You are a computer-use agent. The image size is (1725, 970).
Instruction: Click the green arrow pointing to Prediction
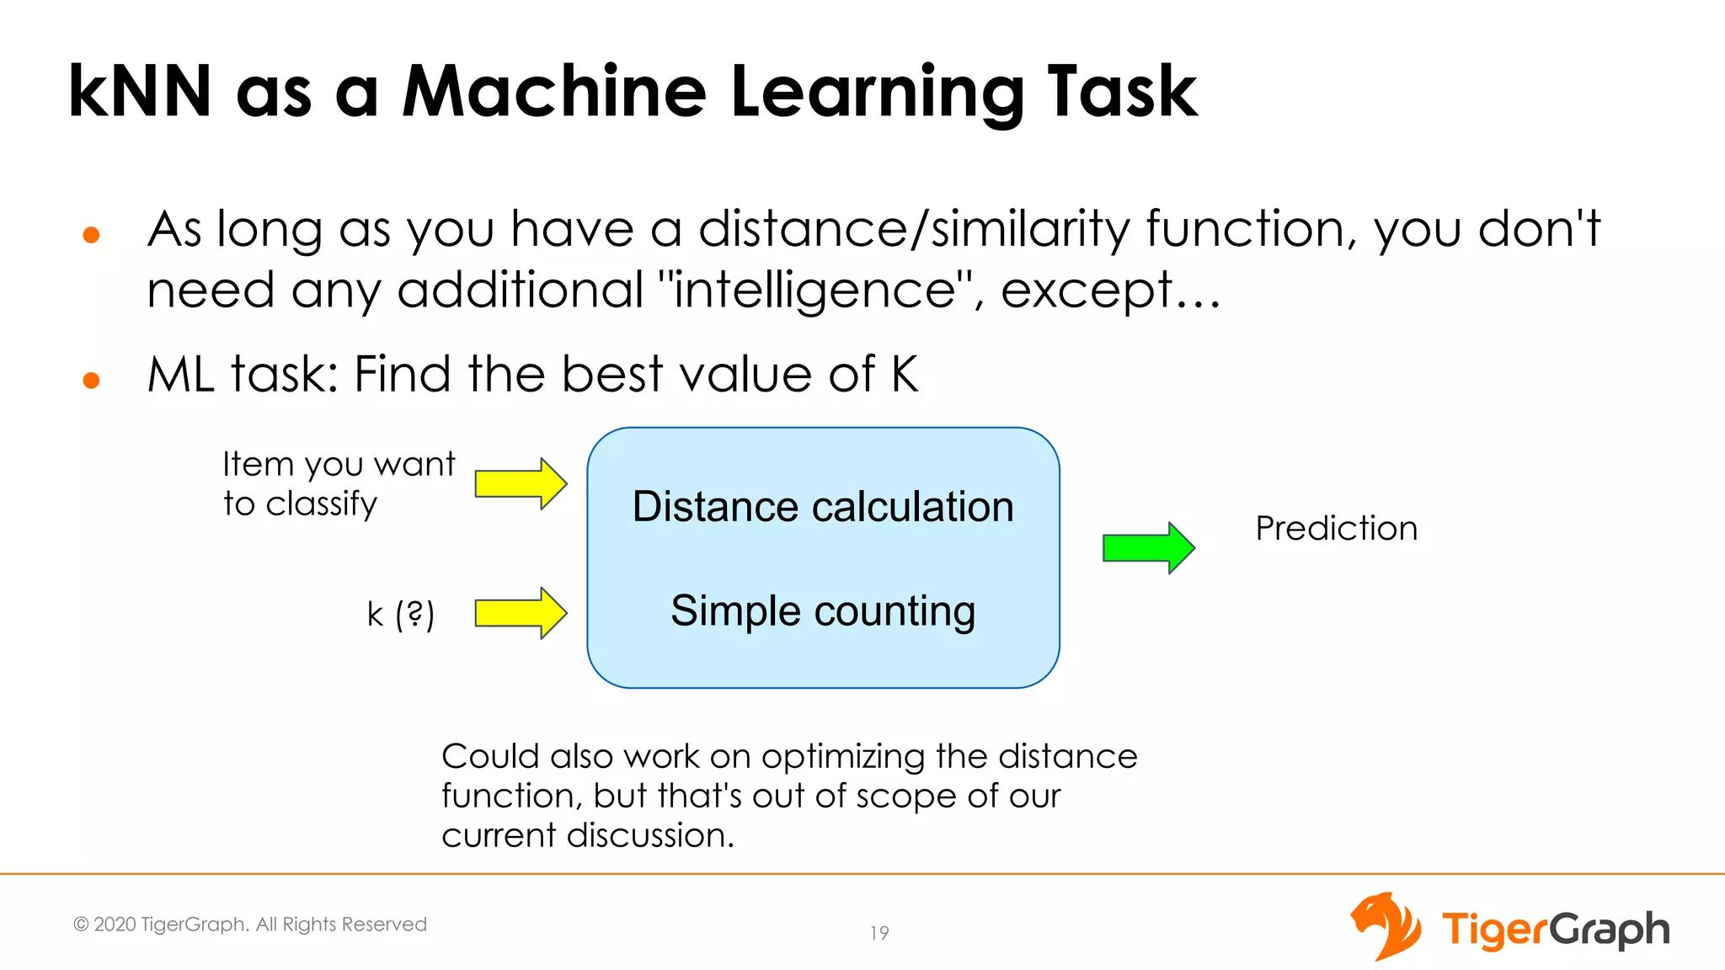(x=1148, y=547)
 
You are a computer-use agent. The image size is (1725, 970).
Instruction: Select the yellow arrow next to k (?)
(x=521, y=613)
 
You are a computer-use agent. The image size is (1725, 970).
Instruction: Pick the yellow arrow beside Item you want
(x=521, y=484)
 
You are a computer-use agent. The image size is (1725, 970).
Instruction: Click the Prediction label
(x=1336, y=529)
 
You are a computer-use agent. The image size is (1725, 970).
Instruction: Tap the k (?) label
(x=400, y=614)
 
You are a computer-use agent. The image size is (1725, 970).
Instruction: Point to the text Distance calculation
(x=823, y=507)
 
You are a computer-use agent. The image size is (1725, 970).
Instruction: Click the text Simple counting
(x=823, y=610)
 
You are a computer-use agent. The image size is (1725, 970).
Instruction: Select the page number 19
(x=879, y=933)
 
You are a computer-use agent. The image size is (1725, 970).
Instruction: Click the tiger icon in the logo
(x=1385, y=926)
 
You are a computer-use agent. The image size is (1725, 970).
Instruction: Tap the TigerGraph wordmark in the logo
(x=1555, y=930)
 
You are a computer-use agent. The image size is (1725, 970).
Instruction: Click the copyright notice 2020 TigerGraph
(x=250, y=925)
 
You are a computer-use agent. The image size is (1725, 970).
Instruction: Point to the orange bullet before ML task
(x=92, y=381)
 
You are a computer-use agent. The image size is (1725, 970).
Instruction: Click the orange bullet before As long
(x=92, y=235)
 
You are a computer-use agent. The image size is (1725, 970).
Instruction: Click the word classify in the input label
(x=321, y=504)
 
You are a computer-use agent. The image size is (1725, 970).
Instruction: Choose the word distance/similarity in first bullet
(x=914, y=229)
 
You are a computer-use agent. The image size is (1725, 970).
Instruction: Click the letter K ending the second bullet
(x=905, y=374)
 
